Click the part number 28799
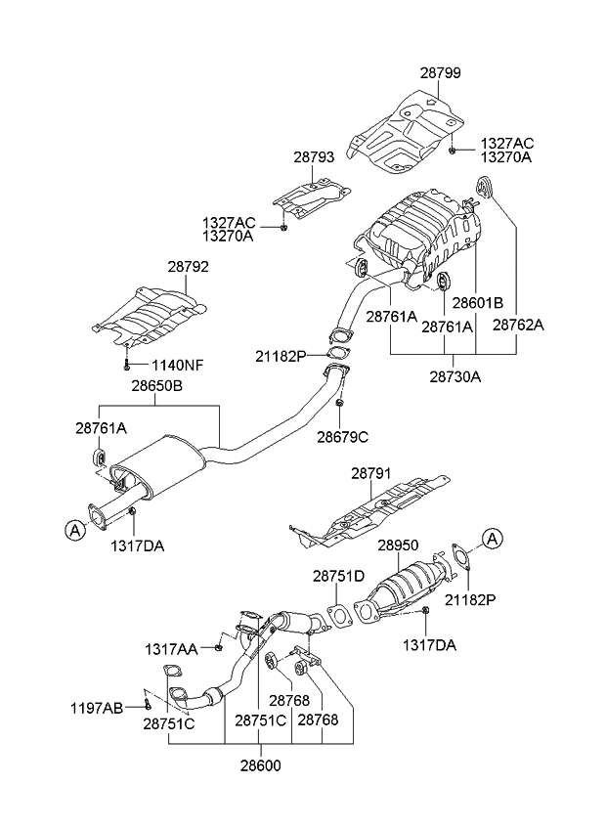point(441,73)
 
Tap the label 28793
point(313,155)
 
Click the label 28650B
point(157,386)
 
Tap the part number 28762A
point(518,325)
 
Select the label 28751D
point(338,577)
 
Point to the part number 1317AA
point(172,647)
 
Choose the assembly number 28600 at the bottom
point(261,766)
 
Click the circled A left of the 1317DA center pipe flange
point(73,530)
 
